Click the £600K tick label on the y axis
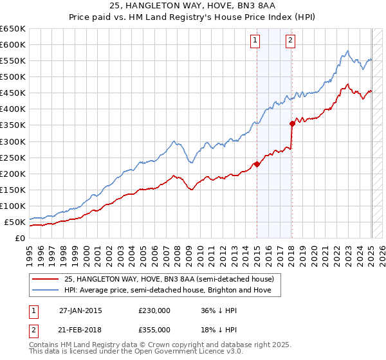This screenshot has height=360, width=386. tap(13, 44)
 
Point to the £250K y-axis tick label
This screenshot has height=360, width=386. tap(13, 157)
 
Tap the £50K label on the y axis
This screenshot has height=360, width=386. tap(15, 222)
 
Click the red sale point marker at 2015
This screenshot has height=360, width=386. tap(257, 164)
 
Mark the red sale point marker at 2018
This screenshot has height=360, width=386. tap(292, 123)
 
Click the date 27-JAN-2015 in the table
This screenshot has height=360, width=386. tap(80, 310)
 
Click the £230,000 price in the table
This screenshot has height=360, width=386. tap(154, 310)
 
